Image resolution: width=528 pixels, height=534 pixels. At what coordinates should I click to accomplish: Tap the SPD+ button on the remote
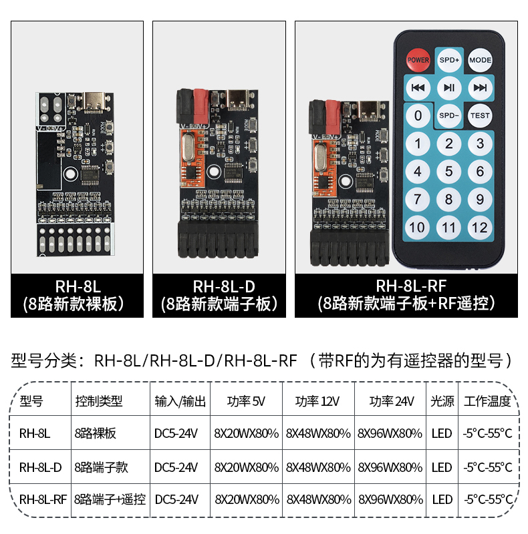(449, 60)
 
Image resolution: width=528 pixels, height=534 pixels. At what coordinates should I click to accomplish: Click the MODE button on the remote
(480, 60)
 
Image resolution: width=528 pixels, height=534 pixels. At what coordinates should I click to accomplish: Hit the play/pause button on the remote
(449, 88)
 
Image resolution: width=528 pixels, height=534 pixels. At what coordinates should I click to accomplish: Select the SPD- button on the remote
(449, 115)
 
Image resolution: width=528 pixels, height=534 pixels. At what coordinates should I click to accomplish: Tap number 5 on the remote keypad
(449, 172)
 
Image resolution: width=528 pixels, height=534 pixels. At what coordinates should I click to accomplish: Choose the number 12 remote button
(480, 228)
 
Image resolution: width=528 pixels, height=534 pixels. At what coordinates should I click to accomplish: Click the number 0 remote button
(418, 115)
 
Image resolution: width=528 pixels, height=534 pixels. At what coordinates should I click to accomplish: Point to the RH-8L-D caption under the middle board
(224, 286)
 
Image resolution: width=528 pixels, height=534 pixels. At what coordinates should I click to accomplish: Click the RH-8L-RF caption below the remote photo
(410, 286)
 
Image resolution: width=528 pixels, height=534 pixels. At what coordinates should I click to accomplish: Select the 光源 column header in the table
(442, 401)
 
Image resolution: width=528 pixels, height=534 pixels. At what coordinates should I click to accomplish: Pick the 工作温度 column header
(487, 401)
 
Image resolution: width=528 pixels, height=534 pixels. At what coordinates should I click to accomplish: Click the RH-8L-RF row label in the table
(43, 499)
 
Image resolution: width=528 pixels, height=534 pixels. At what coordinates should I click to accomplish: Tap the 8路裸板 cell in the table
(96, 433)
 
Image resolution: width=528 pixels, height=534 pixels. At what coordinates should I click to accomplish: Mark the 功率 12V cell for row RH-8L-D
(318, 467)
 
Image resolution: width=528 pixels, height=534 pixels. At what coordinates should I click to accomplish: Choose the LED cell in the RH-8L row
(442, 433)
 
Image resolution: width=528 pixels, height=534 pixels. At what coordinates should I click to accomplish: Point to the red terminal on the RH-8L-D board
(201, 106)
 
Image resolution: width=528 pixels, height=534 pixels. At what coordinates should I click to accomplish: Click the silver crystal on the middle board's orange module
(188, 147)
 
